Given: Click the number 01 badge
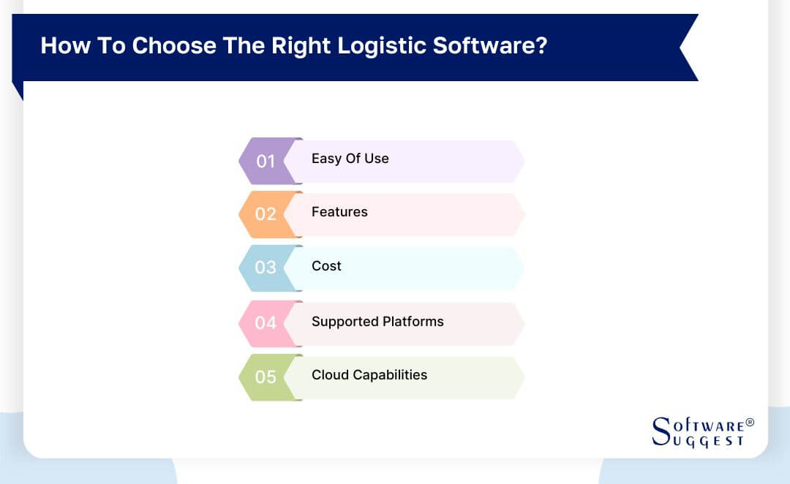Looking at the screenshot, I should tap(266, 161).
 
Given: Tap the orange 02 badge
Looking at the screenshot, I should tap(266, 214).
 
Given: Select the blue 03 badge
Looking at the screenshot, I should tap(266, 268).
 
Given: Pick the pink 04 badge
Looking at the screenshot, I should tap(266, 322).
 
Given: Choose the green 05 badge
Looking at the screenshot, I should tap(266, 377).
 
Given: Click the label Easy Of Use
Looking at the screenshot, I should tap(350, 159).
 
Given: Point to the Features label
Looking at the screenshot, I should tap(339, 212).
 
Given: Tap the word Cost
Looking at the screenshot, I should tap(326, 266).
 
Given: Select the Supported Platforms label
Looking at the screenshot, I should tap(377, 321).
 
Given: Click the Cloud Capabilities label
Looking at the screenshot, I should tap(369, 375).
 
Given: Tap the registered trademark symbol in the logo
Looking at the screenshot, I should tap(749, 423).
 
